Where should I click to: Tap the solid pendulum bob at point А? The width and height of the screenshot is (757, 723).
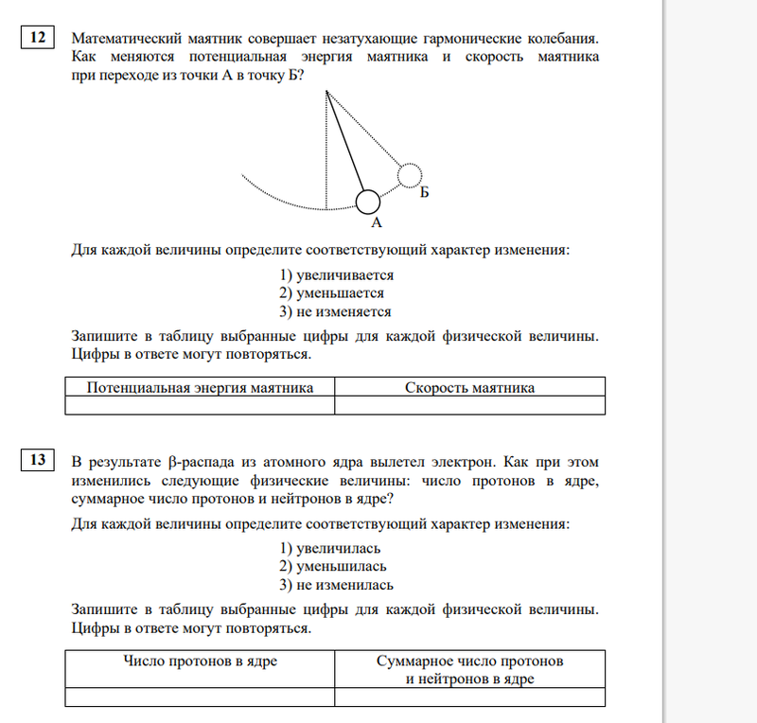click(x=368, y=201)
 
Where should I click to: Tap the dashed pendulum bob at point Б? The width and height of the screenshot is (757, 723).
click(x=409, y=175)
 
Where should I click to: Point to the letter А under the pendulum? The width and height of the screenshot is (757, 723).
click(x=376, y=223)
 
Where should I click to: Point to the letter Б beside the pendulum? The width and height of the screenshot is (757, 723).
click(x=425, y=192)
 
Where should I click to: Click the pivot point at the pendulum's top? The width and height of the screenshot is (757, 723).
click(x=326, y=91)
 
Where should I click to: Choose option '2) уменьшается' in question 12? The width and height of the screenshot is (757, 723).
click(x=331, y=293)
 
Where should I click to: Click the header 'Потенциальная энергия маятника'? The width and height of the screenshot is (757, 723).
click(x=200, y=387)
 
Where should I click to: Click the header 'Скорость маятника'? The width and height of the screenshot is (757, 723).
click(x=469, y=387)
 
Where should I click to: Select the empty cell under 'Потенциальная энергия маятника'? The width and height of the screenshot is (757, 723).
click(x=200, y=405)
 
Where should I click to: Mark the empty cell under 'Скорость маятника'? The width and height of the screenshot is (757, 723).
click(x=469, y=405)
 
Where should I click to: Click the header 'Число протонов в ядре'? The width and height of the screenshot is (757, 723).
click(x=200, y=661)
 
